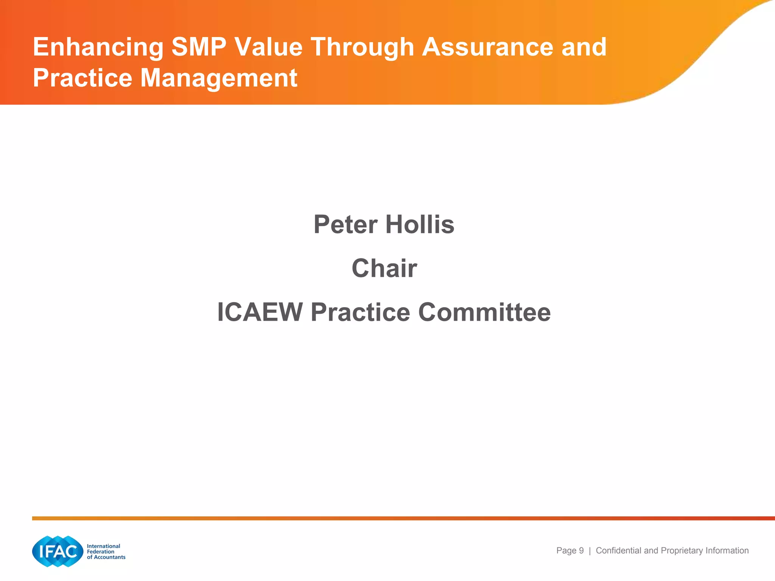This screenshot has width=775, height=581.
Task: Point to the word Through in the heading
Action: click(363, 48)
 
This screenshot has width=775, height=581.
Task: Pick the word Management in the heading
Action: click(219, 79)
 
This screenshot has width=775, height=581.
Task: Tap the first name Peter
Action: click(345, 224)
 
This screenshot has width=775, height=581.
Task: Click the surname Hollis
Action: click(420, 224)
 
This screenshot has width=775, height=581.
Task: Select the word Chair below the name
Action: click(384, 268)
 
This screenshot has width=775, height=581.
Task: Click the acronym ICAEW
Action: click(260, 312)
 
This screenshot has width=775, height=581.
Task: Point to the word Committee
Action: click(484, 312)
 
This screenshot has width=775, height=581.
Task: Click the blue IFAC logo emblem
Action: click(58, 551)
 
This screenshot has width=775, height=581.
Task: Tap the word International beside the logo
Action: click(103, 546)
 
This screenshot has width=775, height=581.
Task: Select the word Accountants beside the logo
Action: click(109, 557)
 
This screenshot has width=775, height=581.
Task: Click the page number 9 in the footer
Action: click(581, 551)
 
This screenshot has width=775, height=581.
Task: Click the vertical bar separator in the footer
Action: click(590, 551)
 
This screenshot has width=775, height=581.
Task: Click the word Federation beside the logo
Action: click(100, 551)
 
